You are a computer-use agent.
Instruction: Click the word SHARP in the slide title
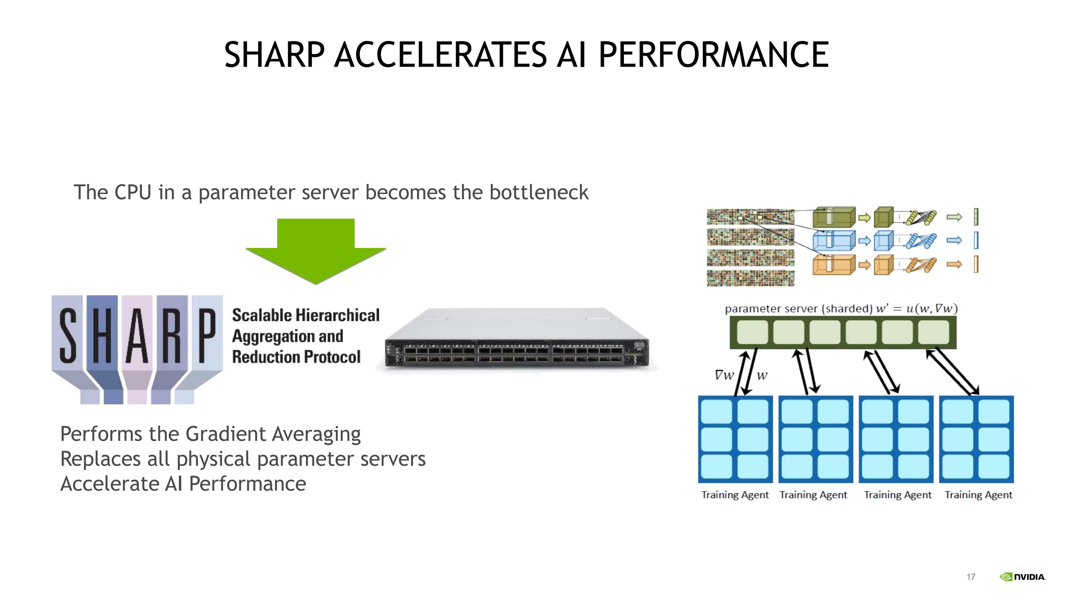click(274, 55)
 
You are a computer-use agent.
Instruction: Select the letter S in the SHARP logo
click(68, 336)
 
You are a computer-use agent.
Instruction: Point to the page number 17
click(971, 577)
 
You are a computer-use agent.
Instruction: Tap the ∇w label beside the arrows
click(724, 375)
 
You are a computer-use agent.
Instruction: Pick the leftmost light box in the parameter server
click(752, 332)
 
